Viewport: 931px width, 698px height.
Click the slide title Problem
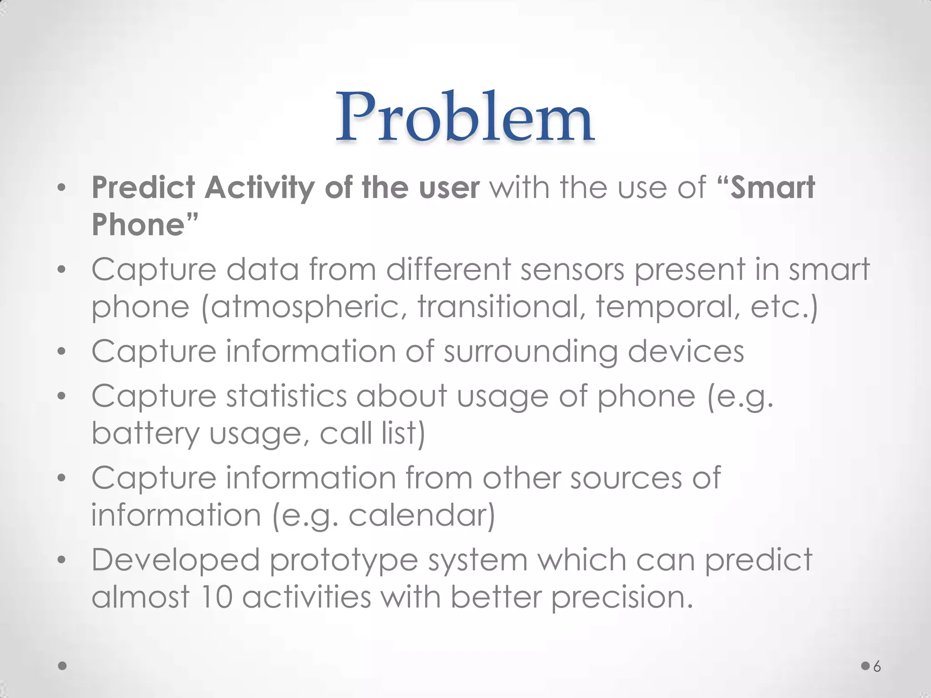(x=465, y=117)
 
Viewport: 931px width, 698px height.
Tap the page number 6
(x=877, y=667)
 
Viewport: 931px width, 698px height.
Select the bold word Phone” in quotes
(x=145, y=224)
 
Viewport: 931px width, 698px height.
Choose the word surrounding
(x=531, y=352)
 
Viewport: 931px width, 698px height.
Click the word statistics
(x=286, y=396)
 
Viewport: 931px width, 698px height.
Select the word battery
(x=145, y=434)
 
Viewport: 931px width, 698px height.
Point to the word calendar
(x=421, y=515)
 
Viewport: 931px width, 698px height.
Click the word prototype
(x=344, y=561)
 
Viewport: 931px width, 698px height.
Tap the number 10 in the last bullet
(x=216, y=597)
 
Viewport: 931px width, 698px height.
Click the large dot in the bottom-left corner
(x=63, y=666)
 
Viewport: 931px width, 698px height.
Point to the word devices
(x=686, y=352)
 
